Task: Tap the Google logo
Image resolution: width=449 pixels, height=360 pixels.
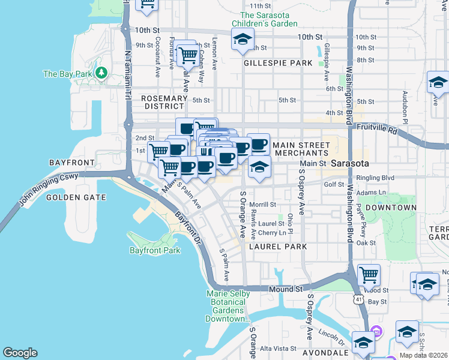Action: [x=20, y=353]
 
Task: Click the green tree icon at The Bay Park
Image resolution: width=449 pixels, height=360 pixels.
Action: [x=101, y=73]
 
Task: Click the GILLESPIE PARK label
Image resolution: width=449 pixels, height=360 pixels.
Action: [x=278, y=63]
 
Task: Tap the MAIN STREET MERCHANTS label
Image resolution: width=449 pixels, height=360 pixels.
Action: [x=298, y=149]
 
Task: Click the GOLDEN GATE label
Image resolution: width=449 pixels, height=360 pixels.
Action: [x=76, y=197]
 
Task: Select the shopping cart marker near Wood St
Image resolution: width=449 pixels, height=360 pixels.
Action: [x=369, y=275]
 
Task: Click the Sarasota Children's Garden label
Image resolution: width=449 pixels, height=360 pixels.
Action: [x=269, y=19]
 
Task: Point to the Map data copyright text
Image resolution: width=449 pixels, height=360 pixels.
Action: [x=424, y=355]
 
